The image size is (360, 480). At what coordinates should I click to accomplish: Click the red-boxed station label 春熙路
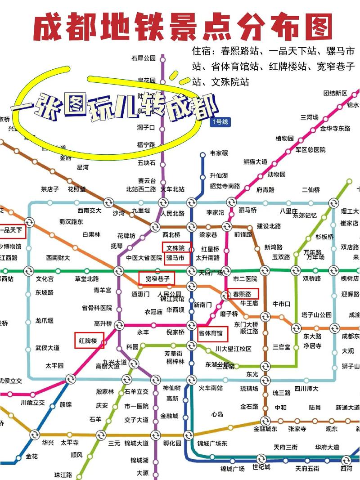tap(243, 294)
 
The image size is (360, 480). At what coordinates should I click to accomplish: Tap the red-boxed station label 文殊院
tap(176, 248)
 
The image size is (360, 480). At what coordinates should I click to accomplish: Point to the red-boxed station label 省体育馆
tap(211, 334)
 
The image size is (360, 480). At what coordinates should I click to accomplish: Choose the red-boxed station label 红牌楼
tap(89, 341)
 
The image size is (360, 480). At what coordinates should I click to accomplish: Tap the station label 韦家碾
tap(219, 153)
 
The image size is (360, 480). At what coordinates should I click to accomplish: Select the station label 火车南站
tap(211, 387)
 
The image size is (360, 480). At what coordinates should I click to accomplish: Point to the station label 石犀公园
tap(143, 58)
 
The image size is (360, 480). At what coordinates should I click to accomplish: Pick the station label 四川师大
tap(306, 388)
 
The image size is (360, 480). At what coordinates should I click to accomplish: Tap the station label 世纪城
tap(261, 467)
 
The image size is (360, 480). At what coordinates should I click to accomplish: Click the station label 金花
tap(32, 456)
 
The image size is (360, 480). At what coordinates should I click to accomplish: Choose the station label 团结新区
tap(335, 93)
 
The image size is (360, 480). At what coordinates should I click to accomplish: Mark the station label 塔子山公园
tap(316, 315)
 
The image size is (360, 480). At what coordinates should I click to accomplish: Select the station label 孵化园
tap(172, 443)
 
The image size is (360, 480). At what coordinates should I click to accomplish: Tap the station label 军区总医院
tap(310, 150)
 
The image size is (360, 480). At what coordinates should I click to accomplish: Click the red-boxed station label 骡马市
tap(176, 258)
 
